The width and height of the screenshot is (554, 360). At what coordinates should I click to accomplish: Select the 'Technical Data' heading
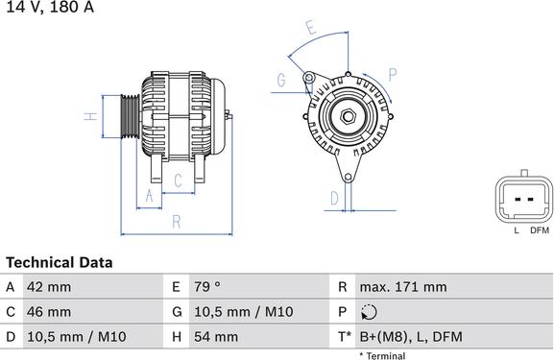pyautogui.click(x=60, y=262)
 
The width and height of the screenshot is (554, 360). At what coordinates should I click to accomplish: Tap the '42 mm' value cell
pyautogui.click(x=49, y=286)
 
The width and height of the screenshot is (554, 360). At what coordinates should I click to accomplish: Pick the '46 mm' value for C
pyautogui.click(x=49, y=312)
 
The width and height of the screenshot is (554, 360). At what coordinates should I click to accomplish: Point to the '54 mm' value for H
pyautogui.click(x=215, y=337)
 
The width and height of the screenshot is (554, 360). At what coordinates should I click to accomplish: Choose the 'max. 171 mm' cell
pyautogui.click(x=403, y=286)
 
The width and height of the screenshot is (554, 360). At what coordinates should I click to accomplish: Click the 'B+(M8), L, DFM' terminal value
pyautogui.click(x=410, y=337)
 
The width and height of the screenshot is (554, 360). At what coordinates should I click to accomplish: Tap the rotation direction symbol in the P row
pyautogui.click(x=371, y=312)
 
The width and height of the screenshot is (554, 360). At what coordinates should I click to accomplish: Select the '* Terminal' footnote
pyautogui.click(x=382, y=355)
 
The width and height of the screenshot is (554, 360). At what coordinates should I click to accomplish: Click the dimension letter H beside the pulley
pyautogui.click(x=89, y=117)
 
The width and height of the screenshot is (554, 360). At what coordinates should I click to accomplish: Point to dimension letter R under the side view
pyautogui.click(x=177, y=222)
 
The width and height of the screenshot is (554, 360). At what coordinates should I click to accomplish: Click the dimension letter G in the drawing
pyautogui.click(x=282, y=81)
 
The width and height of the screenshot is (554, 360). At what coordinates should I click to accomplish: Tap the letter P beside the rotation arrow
pyautogui.click(x=393, y=73)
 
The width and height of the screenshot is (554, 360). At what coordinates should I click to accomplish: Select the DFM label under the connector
pyautogui.click(x=539, y=231)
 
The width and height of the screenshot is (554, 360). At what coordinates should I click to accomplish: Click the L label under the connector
pyautogui.click(x=517, y=231)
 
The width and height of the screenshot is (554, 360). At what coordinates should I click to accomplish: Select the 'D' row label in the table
pyautogui.click(x=10, y=337)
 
